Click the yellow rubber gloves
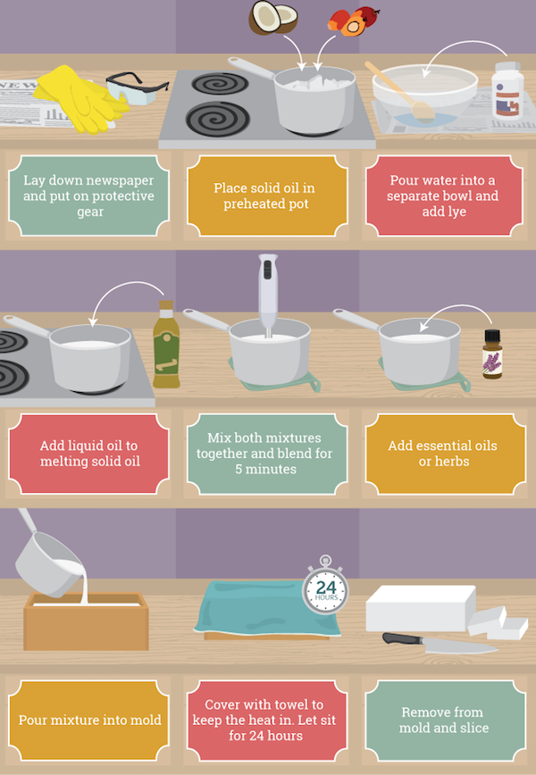80,99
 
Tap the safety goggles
136,89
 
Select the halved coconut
273,18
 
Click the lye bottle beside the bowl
507,90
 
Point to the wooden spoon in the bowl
400,91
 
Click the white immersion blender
267,295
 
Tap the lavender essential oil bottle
492,354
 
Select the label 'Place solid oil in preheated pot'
267,196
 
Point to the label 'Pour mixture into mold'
89,721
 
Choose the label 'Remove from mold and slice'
445,721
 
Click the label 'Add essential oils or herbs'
445,454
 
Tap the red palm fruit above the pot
353,21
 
